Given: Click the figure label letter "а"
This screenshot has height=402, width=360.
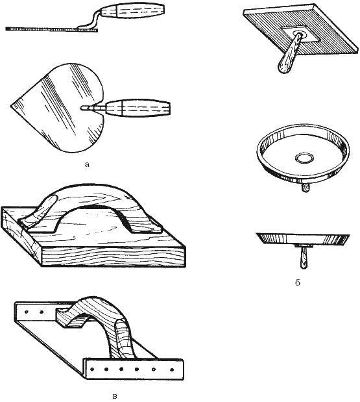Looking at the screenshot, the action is point(87,164).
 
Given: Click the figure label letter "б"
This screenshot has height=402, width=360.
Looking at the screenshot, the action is point(297,283).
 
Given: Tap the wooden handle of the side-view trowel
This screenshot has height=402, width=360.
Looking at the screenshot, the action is point(132,12).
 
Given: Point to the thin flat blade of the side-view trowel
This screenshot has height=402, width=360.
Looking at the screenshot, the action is point(52,29).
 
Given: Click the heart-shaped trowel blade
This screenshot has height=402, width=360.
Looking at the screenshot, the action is point(59,108).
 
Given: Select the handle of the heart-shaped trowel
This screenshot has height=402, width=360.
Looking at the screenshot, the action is point(138,108).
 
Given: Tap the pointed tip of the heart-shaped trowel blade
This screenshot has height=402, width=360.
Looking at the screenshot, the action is point(11,106).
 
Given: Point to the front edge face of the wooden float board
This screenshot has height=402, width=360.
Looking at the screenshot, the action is point(113,257).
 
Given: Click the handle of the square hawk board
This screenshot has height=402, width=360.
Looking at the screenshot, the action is point(289,55).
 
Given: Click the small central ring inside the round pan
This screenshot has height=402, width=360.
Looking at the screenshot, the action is point(304,158).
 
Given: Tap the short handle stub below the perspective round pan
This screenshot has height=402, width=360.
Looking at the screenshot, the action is point(306,188).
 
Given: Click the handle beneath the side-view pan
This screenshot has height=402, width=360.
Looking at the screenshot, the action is point(303,258).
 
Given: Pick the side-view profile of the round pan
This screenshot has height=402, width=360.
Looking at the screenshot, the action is point(303,239).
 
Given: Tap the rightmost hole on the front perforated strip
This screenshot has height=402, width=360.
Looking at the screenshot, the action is point(172,370).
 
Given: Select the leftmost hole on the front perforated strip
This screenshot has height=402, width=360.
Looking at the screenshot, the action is point(92,370).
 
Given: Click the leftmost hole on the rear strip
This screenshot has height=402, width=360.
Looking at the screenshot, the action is point(27,312).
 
